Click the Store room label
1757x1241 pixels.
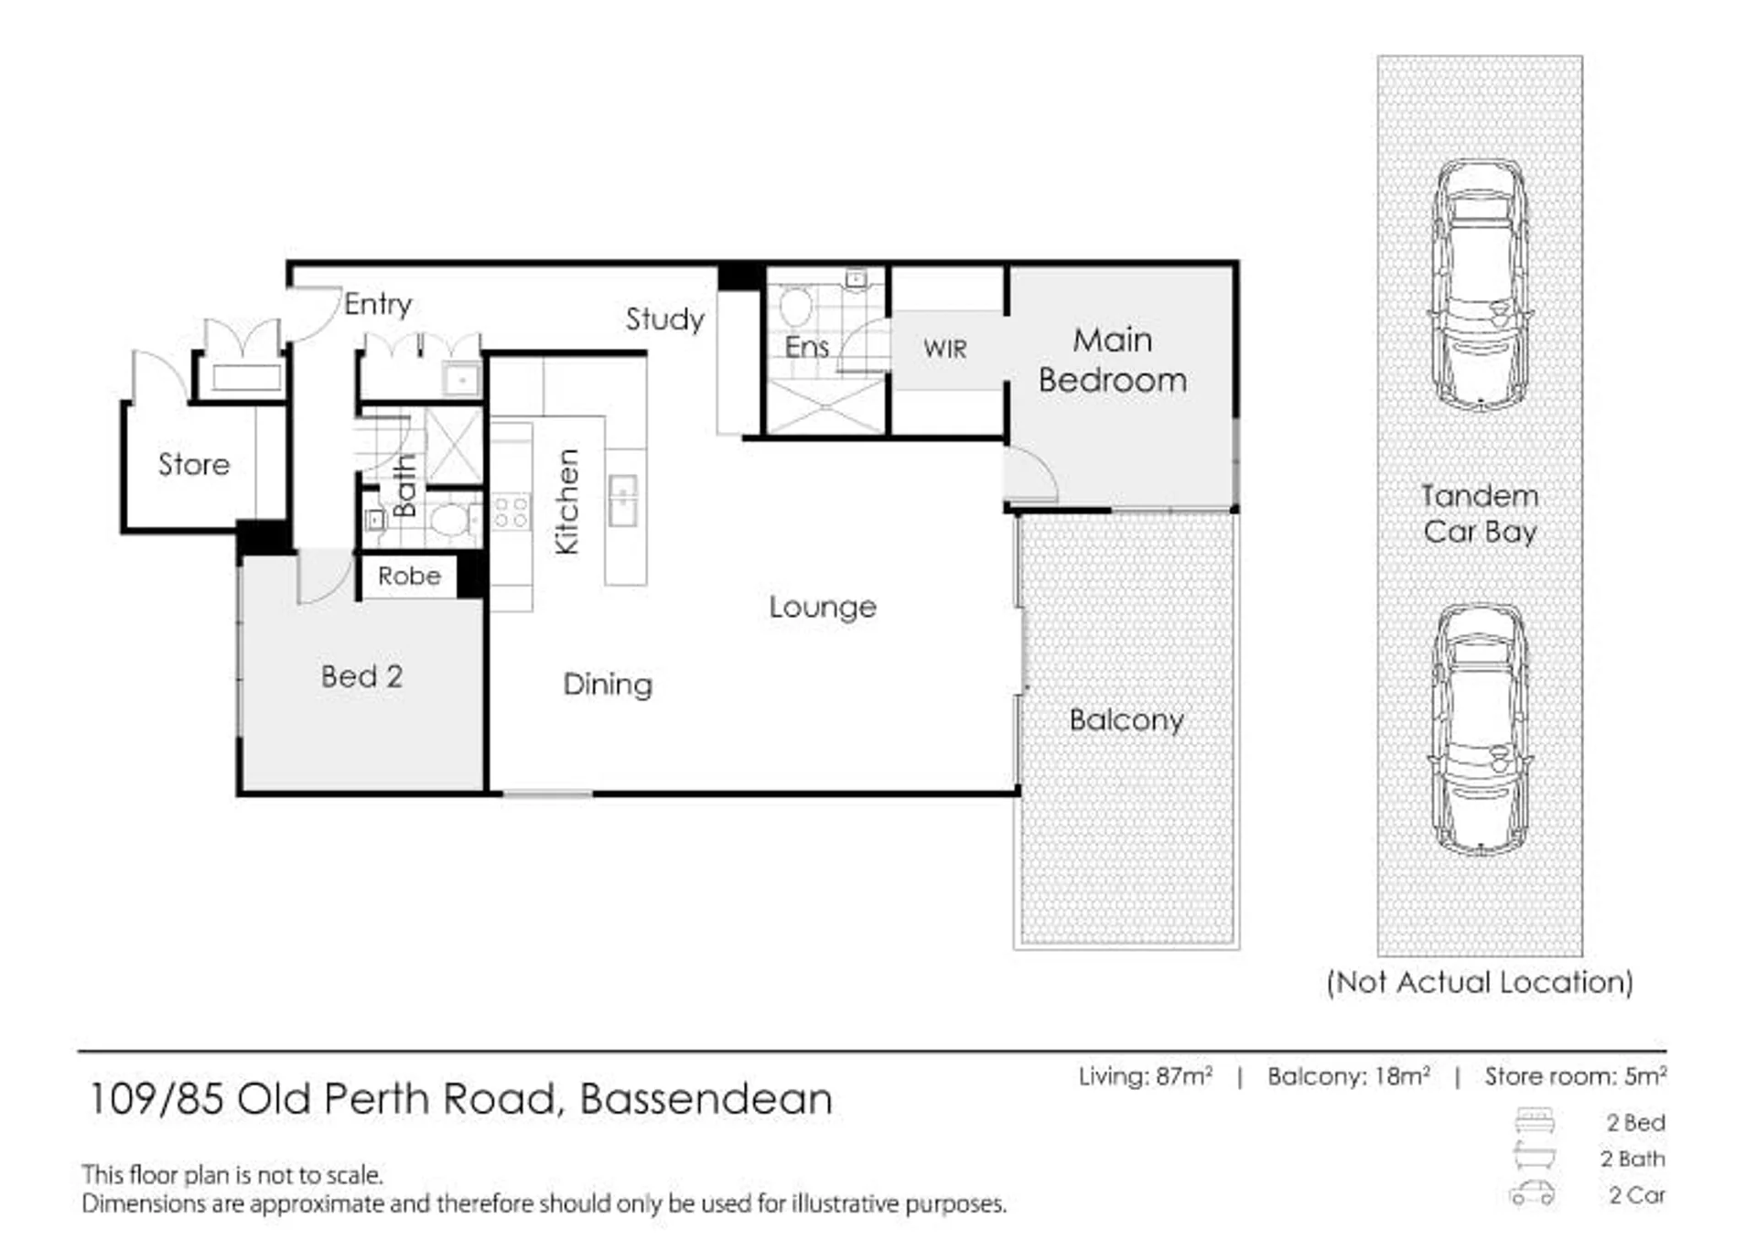[194, 464]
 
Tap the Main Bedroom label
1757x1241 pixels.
[1113, 360]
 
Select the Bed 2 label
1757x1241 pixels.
[361, 676]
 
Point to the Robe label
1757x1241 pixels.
[409, 576]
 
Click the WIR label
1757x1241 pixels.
[944, 349]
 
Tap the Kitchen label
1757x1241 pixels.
[567, 502]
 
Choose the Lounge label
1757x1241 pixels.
[823, 607]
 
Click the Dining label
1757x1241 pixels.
[608, 685]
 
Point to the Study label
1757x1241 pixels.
[665, 319]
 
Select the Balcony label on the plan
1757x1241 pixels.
[1126, 720]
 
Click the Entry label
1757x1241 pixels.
[378, 304]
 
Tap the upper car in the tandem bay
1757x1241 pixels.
[1481, 285]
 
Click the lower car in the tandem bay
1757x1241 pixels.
[1481, 729]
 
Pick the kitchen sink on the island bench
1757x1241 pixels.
[622, 501]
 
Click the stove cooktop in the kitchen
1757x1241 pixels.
[511, 513]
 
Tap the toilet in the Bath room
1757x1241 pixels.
[452, 521]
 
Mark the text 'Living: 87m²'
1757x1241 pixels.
[1146, 1076]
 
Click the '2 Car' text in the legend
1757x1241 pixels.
[1637, 1195]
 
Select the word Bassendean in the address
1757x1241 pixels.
[706, 1099]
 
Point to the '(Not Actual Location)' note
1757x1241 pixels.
[1480, 983]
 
